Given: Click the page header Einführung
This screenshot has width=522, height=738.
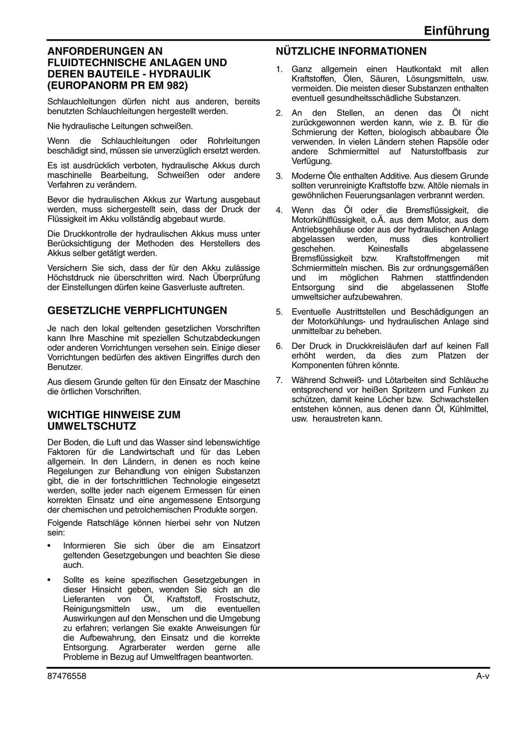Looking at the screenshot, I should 456,31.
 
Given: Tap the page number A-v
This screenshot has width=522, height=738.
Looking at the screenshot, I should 482,676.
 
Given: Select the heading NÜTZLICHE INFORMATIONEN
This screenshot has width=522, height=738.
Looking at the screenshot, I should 351,51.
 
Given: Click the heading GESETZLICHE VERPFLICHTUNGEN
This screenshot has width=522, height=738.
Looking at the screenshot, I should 137,310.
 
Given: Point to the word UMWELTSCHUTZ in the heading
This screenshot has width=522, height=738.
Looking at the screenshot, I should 92,426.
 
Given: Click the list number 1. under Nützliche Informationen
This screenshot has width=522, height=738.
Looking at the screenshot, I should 279,69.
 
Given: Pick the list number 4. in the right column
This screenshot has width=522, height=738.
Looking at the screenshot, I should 279,210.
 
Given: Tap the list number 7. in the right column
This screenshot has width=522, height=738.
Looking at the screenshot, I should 279,380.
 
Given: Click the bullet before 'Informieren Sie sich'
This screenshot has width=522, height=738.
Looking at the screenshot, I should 49,546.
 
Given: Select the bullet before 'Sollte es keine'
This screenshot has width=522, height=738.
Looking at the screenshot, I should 49,580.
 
